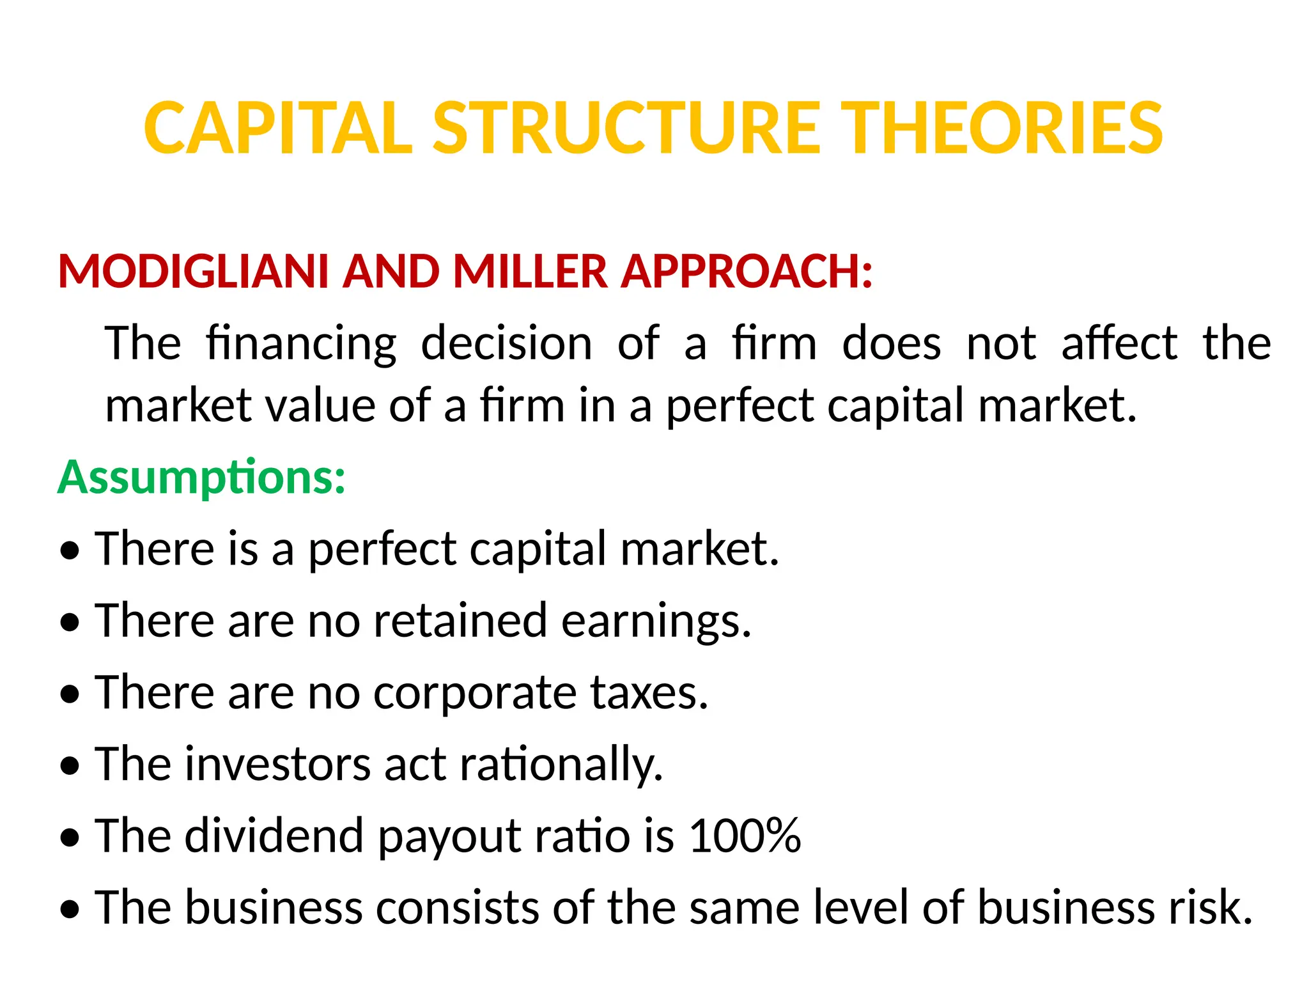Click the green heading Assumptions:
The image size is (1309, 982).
(x=201, y=478)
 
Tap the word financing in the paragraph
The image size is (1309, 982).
(x=301, y=344)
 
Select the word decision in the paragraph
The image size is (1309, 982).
(x=506, y=344)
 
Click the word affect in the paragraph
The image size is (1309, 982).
(x=1119, y=344)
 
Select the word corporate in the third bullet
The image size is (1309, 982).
(x=475, y=693)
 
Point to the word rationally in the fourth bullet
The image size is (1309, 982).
(x=561, y=764)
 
